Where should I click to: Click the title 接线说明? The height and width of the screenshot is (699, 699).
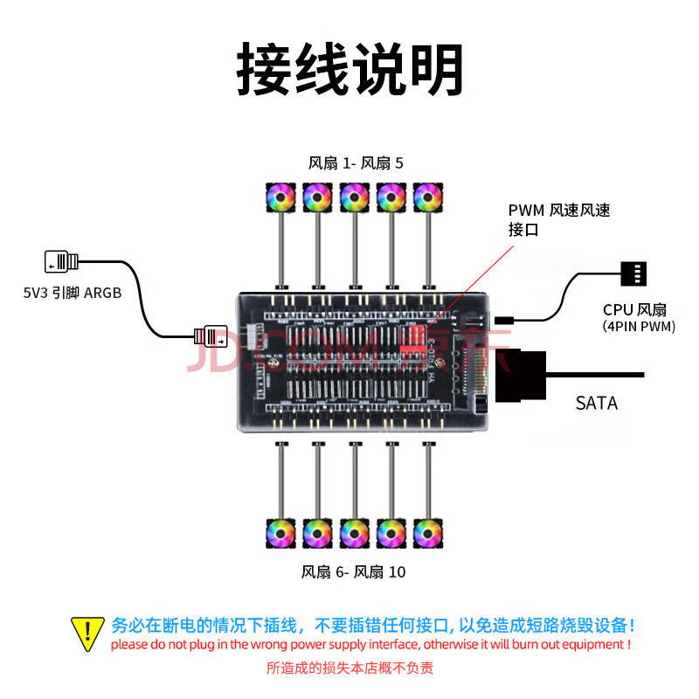pos(349,70)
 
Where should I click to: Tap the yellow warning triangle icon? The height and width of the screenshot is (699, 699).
pos(87,633)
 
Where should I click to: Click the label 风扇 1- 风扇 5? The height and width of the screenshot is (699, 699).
pos(356,163)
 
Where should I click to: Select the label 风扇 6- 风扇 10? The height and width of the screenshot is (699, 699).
pos(353,572)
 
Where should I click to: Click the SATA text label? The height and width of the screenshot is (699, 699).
pos(597,404)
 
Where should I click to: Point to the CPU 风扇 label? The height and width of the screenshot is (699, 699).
pos(634,309)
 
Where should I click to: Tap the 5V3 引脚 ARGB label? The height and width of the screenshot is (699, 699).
pos(73,294)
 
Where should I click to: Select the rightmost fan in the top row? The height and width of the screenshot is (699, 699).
pos(428,197)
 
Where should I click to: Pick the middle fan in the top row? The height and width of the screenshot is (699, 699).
pos(355,197)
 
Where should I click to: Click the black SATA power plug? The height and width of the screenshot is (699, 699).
pos(521,376)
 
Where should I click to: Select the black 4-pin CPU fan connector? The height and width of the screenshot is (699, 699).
pos(633,273)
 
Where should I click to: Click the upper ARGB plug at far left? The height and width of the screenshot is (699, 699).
pos(61,261)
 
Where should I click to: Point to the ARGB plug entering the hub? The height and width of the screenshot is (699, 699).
pos(211,334)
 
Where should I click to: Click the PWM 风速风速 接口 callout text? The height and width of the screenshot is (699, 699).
pos(559,220)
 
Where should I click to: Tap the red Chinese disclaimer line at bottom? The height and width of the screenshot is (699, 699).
pos(349,668)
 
